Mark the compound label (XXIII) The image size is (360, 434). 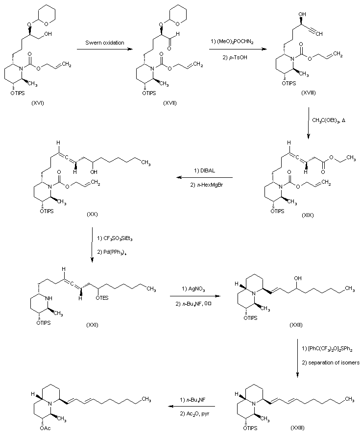[294, 427]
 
